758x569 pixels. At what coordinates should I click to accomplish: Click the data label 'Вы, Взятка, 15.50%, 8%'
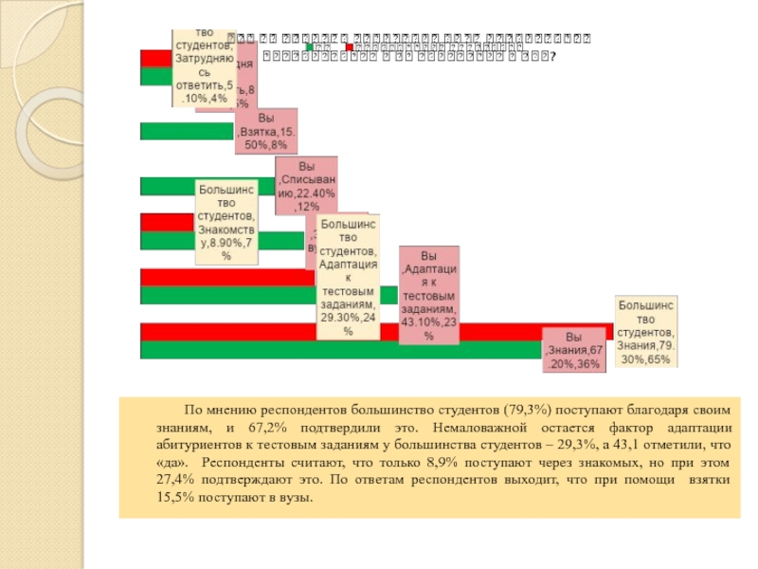pyautogui.click(x=265, y=132)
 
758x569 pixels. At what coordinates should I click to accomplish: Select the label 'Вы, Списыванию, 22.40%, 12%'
pyautogui.click(x=306, y=186)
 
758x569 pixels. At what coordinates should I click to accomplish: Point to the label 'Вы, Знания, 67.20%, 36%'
pyautogui.click(x=573, y=350)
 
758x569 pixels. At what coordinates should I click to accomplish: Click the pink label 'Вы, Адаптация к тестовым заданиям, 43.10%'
pyautogui.click(x=429, y=295)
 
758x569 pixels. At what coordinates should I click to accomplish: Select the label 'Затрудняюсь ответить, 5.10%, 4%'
pyautogui.click(x=202, y=66)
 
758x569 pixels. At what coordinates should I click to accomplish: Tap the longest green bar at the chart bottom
pyautogui.click(x=341, y=350)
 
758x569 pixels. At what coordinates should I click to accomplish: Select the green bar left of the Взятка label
pyautogui.click(x=187, y=132)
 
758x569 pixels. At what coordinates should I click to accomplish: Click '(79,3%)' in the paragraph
pyautogui.click(x=530, y=411)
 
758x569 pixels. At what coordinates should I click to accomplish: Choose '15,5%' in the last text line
pyautogui.click(x=174, y=497)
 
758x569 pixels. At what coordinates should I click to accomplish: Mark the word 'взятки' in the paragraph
pyautogui.click(x=711, y=480)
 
